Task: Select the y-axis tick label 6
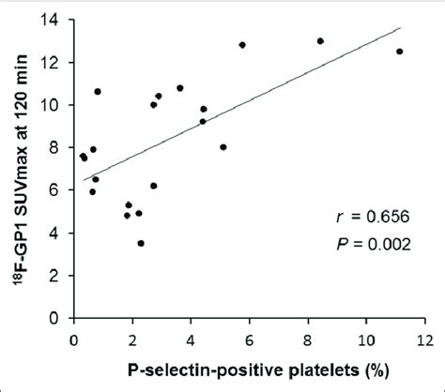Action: point(61,190)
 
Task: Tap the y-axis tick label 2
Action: point(61,276)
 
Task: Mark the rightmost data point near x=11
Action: point(399,52)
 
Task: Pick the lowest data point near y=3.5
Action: point(141,243)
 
